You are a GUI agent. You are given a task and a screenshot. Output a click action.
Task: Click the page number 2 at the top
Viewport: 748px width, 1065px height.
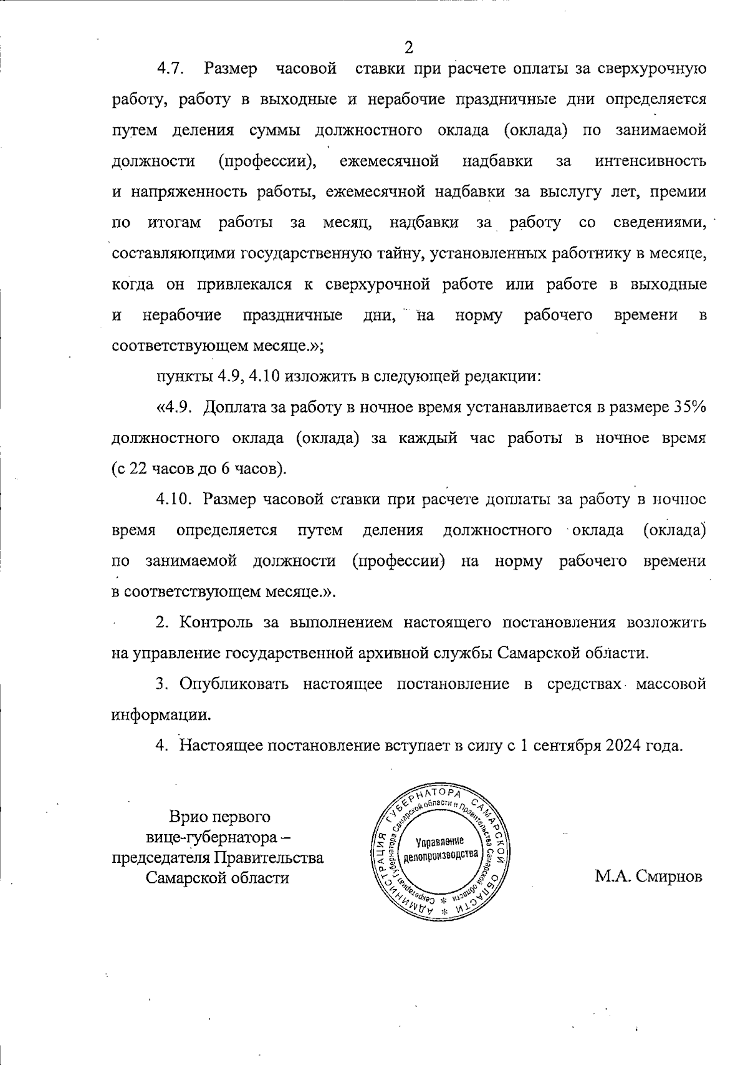coord(409,47)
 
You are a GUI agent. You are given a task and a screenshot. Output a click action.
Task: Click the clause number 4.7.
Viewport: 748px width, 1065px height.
coord(169,69)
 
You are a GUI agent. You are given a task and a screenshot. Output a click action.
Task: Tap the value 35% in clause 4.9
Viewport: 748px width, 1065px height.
coord(689,407)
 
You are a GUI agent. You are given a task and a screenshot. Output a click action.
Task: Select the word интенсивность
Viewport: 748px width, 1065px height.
coord(651,162)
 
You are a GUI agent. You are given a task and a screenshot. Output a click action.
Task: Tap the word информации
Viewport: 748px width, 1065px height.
coord(161,715)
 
